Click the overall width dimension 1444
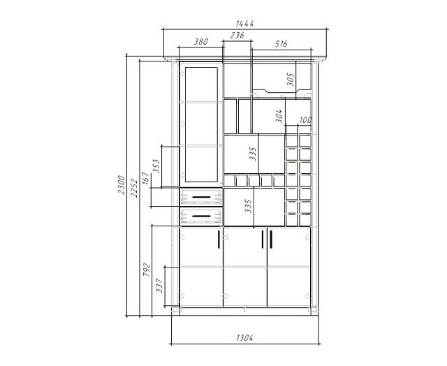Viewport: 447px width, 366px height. [244, 23]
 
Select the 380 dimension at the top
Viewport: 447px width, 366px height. [201, 42]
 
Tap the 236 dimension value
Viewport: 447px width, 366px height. [237, 36]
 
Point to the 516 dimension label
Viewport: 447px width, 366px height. [281, 44]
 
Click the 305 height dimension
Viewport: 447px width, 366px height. [290, 80]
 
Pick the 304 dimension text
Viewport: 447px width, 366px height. [279, 116]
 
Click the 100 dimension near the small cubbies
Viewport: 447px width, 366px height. [305, 119]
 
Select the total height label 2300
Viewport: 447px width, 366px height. [121, 184]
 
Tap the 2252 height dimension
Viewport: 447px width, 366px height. [134, 188]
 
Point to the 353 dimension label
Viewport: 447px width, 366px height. [156, 166]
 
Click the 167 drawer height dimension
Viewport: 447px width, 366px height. [145, 178]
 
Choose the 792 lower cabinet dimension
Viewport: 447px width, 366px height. [146, 270]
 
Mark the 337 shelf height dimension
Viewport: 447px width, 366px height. [159, 286]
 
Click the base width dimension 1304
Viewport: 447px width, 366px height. [244, 338]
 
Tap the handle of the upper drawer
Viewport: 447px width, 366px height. [201, 197]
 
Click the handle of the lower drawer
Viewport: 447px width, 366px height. [201, 217]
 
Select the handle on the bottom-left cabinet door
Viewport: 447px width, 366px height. [219, 240]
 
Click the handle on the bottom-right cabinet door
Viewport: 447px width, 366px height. [271, 240]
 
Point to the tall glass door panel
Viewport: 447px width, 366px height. [201, 124]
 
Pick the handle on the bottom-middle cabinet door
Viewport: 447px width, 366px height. [263, 240]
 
